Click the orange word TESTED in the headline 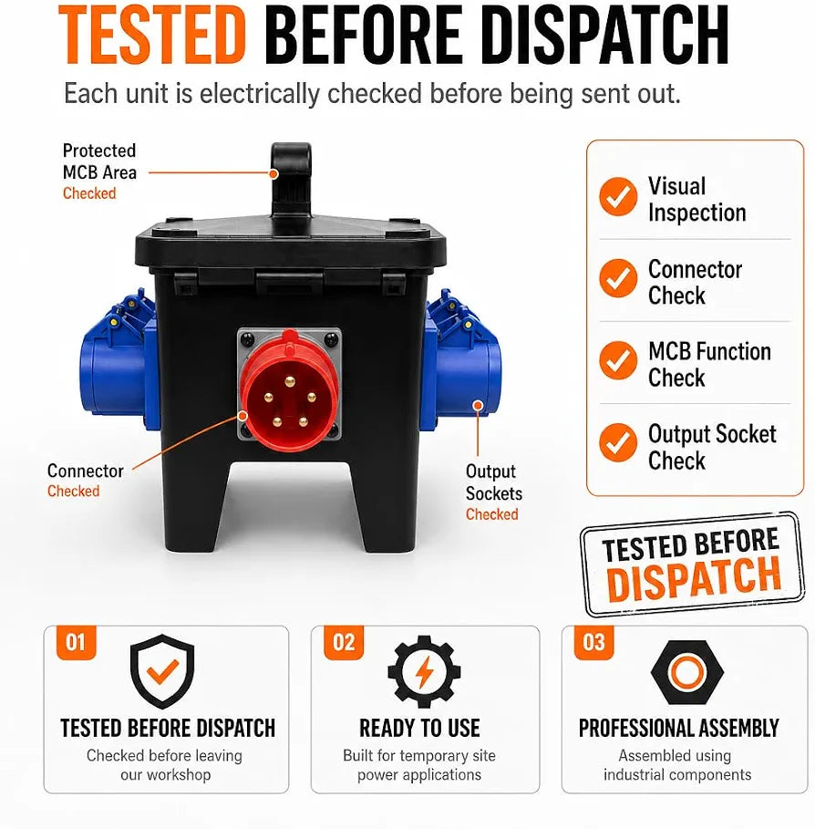(x=152, y=35)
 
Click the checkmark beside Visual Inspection (x=618, y=197)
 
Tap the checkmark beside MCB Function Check (x=618, y=360)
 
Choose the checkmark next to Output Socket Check (x=618, y=443)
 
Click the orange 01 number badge (x=76, y=643)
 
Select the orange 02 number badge (x=344, y=643)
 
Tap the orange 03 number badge (x=594, y=643)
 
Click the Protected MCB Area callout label (x=99, y=161)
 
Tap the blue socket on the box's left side (x=118, y=360)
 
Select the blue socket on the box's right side (x=461, y=360)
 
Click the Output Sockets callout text (x=494, y=482)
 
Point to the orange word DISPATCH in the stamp (x=694, y=579)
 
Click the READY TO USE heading (x=419, y=728)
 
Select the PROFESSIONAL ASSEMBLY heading (x=678, y=728)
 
